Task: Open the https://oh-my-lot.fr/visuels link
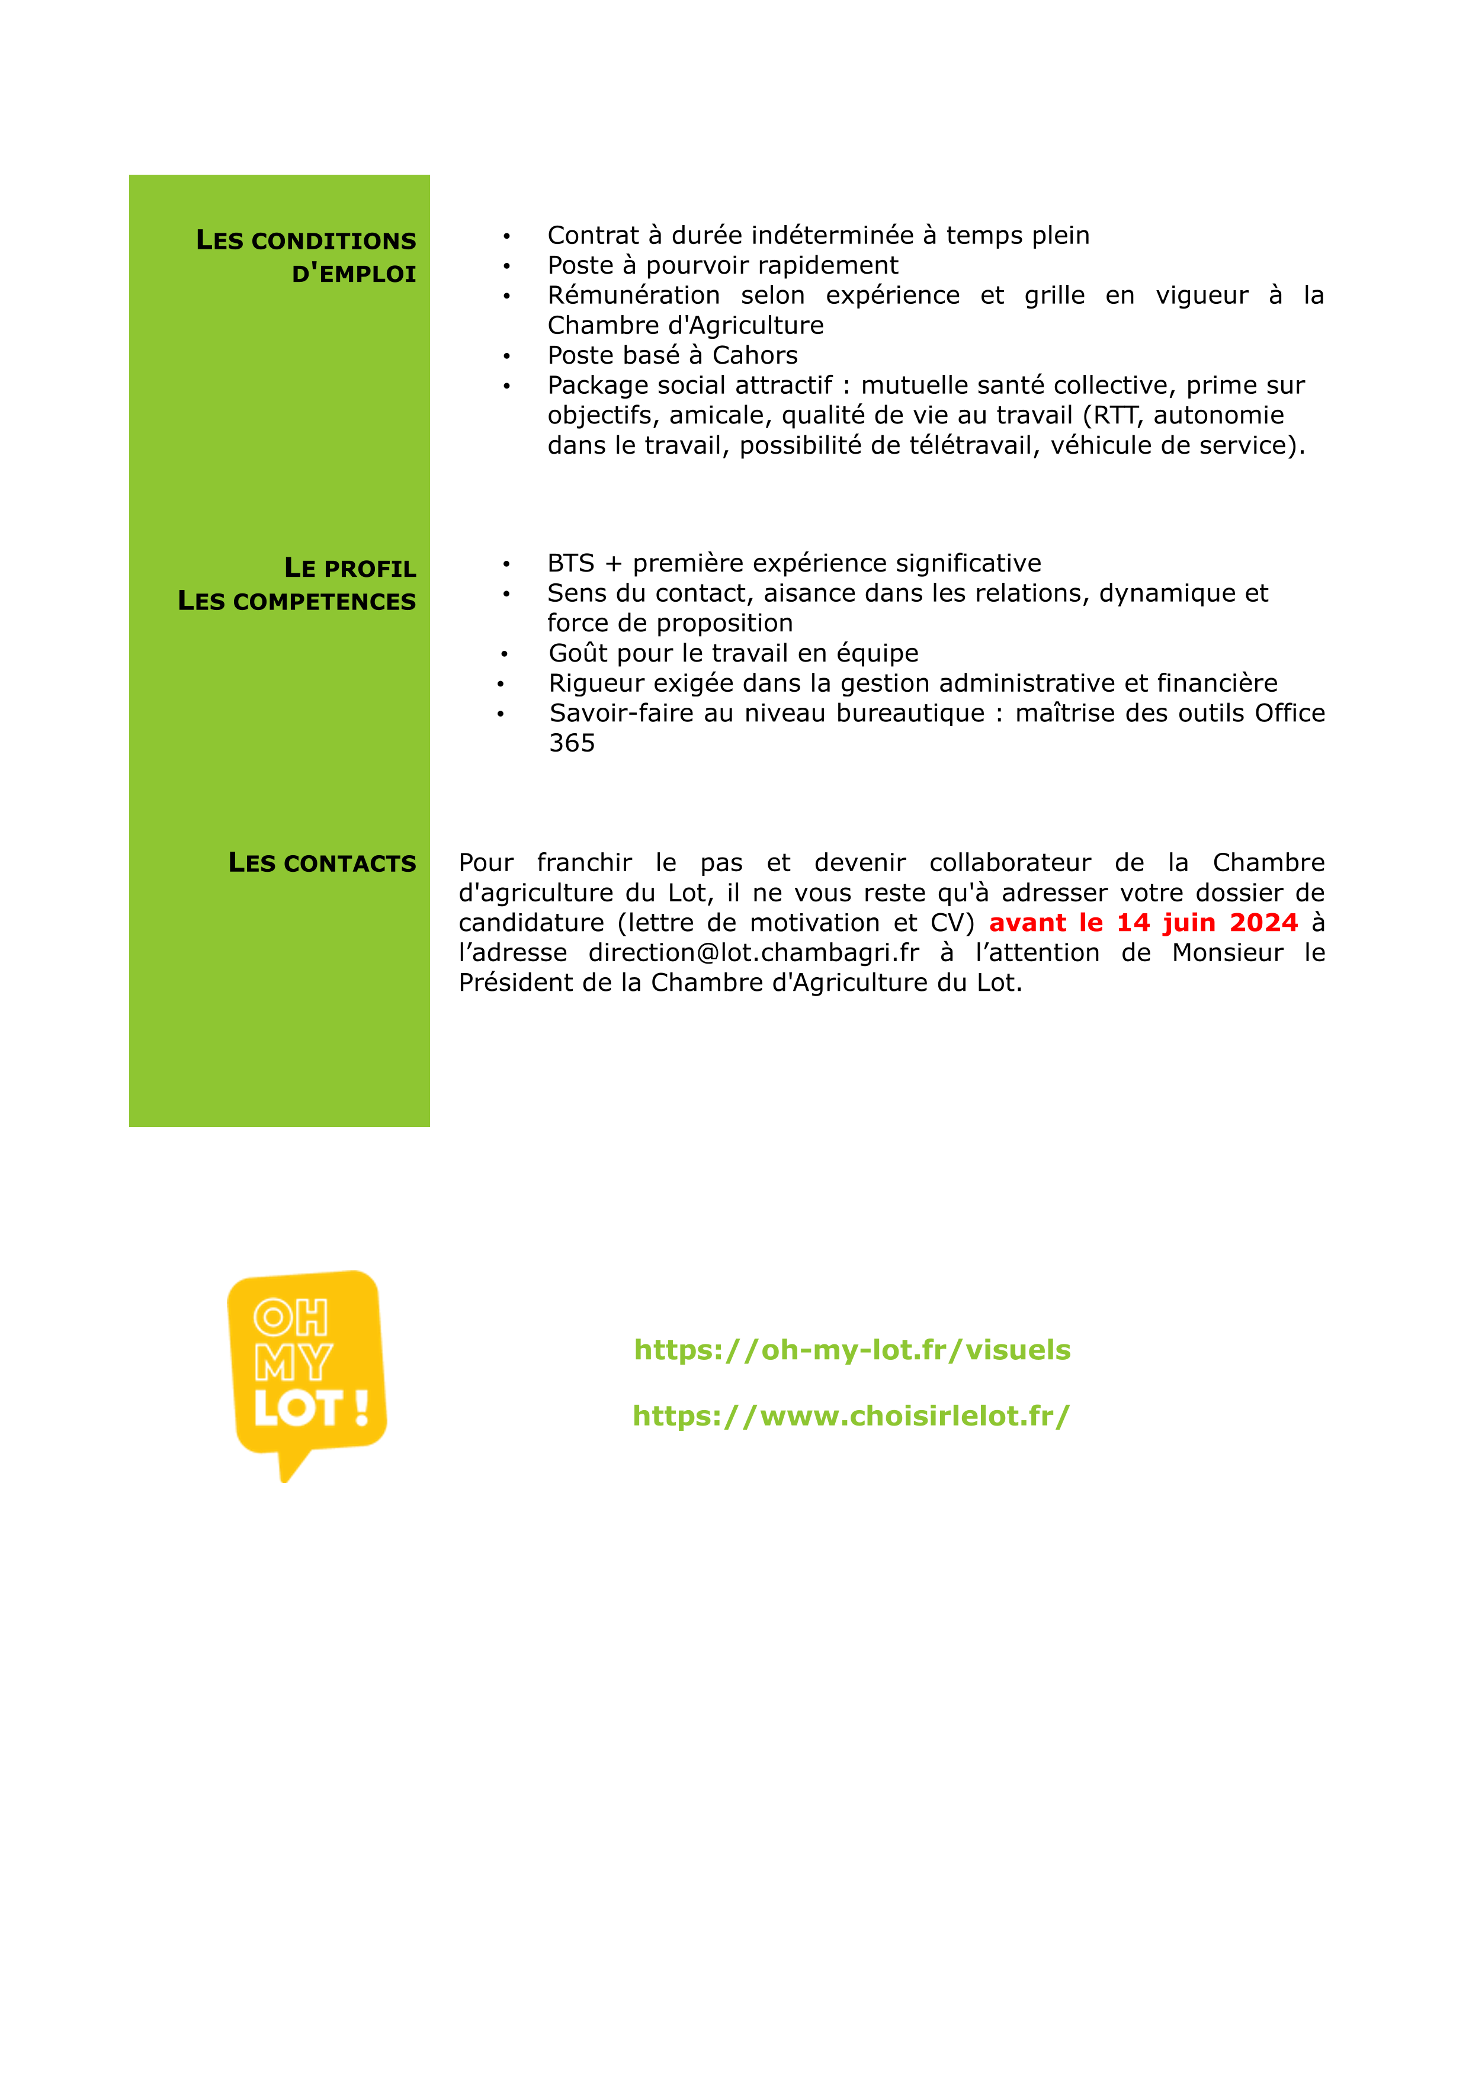(852, 1350)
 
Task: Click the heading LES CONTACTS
(322, 863)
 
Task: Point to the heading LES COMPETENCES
(297, 602)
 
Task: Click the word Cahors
(755, 355)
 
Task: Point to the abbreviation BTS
(571, 564)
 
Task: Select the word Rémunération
(633, 296)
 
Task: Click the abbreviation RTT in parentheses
(1114, 415)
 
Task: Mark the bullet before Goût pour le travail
(504, 654)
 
